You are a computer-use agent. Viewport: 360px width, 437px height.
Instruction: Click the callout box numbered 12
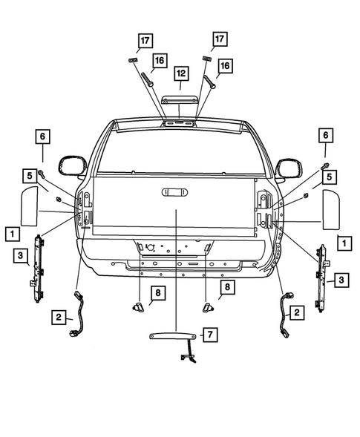click(x=180, y=73)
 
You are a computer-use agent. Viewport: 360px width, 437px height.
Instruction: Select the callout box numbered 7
click(x=210, y=335)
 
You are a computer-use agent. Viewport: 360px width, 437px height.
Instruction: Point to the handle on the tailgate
click(x=175, y=193)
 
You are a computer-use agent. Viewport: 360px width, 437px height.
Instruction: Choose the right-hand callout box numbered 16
click(x=224, y=66)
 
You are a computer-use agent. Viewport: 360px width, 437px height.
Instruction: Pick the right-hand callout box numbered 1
click(x=342, y=242)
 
